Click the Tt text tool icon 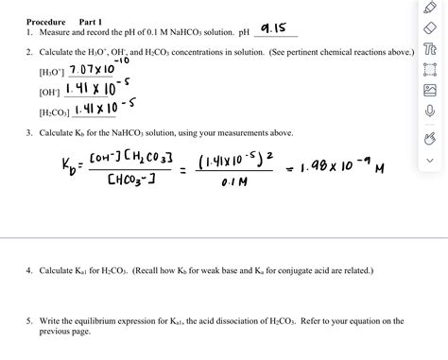click(430, 48)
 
